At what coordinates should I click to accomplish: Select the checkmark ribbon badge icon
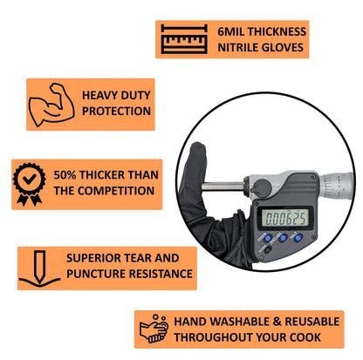pos(31,183)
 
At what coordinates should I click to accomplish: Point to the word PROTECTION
pos(115,111)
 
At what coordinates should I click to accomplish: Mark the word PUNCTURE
pos(95,275)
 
